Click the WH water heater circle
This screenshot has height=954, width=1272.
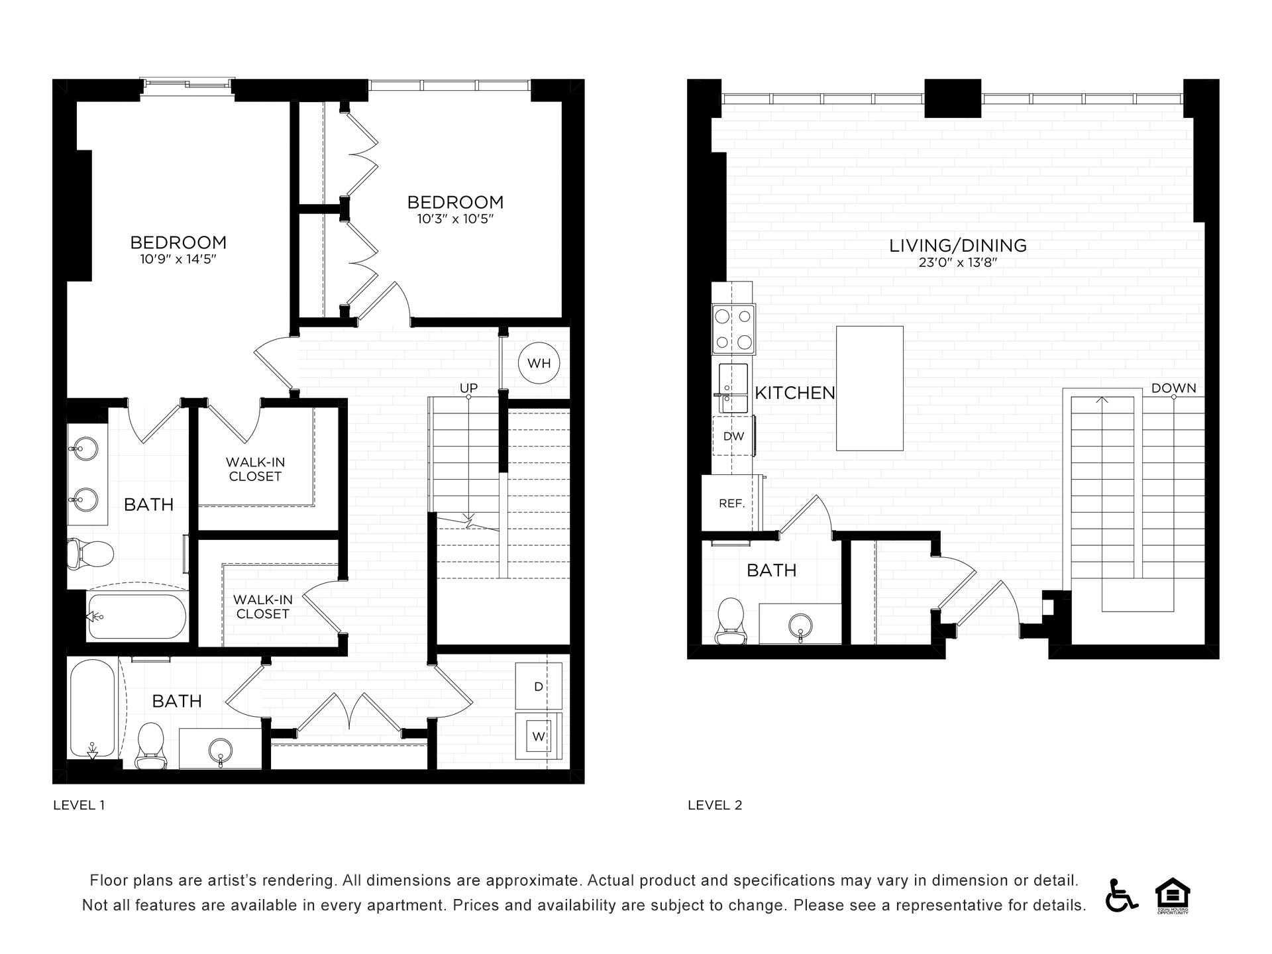539,363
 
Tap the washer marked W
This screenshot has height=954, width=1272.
539,736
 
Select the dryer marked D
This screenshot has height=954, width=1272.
539,686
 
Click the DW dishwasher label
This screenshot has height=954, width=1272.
733,437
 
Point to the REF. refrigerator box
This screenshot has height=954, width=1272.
731,503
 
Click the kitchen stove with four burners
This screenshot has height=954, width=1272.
734,329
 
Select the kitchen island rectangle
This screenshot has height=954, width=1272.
870,388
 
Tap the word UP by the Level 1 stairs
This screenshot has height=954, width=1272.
469,388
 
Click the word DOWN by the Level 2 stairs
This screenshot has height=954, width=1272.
1174,388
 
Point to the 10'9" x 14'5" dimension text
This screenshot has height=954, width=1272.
178,259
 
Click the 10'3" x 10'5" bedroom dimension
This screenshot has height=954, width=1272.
456,219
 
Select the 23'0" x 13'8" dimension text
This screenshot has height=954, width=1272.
958,262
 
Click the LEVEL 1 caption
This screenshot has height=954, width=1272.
79,805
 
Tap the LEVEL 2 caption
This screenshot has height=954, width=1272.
715,805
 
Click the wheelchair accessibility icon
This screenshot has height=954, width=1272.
1121,895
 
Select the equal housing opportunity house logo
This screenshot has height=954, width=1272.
1173,896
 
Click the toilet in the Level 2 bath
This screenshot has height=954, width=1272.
731,621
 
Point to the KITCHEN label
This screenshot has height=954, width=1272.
795,393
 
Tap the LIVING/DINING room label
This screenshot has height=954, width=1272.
958,245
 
